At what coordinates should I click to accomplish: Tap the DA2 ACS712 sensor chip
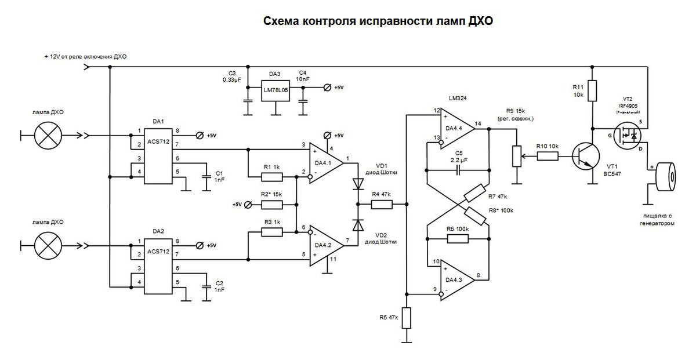click(x=158, y=267)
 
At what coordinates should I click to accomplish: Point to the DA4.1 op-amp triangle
click(x=325, y=163)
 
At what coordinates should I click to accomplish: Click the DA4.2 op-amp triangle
click(x=325, y=246)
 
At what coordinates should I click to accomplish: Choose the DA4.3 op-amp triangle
click(x=456, y=281)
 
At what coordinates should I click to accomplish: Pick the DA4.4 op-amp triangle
click(x=456, y=130)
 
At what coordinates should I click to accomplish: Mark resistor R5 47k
click(x=407, y=318)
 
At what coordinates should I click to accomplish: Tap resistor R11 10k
click(x=592, y=91)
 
